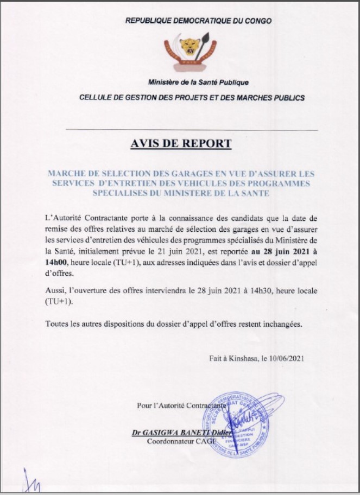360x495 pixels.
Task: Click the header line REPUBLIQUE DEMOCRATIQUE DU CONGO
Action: coord(199,21)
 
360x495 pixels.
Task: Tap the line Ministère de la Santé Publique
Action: coord(198,82)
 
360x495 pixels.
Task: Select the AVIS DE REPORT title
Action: coord(181,144)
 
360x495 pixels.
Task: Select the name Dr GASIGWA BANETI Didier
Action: coord(181,433)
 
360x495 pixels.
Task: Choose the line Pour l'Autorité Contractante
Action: coord(181,405)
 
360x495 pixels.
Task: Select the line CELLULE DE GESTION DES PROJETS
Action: coord(192,98)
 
